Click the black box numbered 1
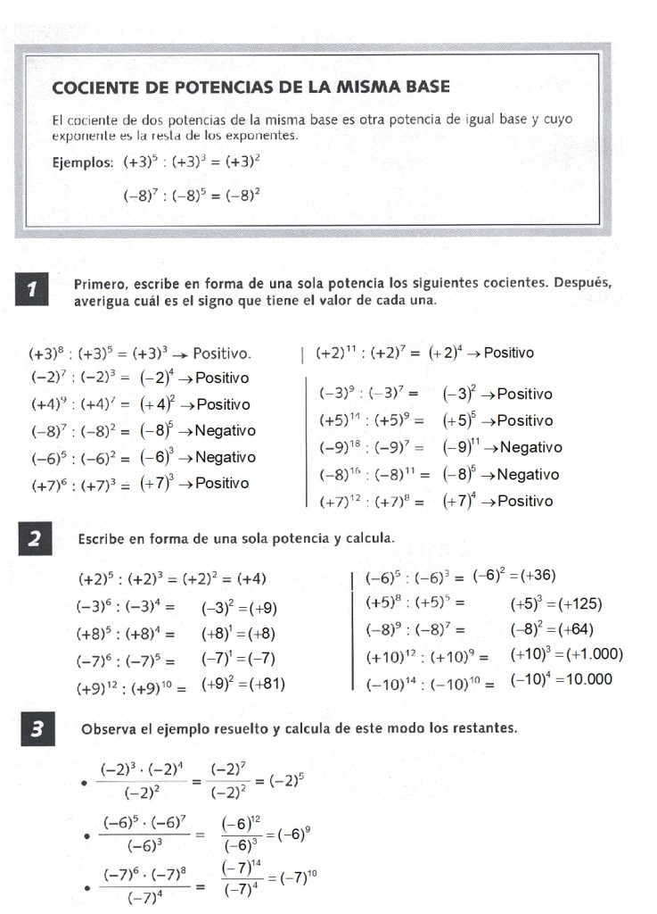click(x=33, y=291)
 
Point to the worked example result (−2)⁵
click(x=284, y=779)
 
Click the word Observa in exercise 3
click(x=109, y=728)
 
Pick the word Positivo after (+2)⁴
click(x=509, y=353)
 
